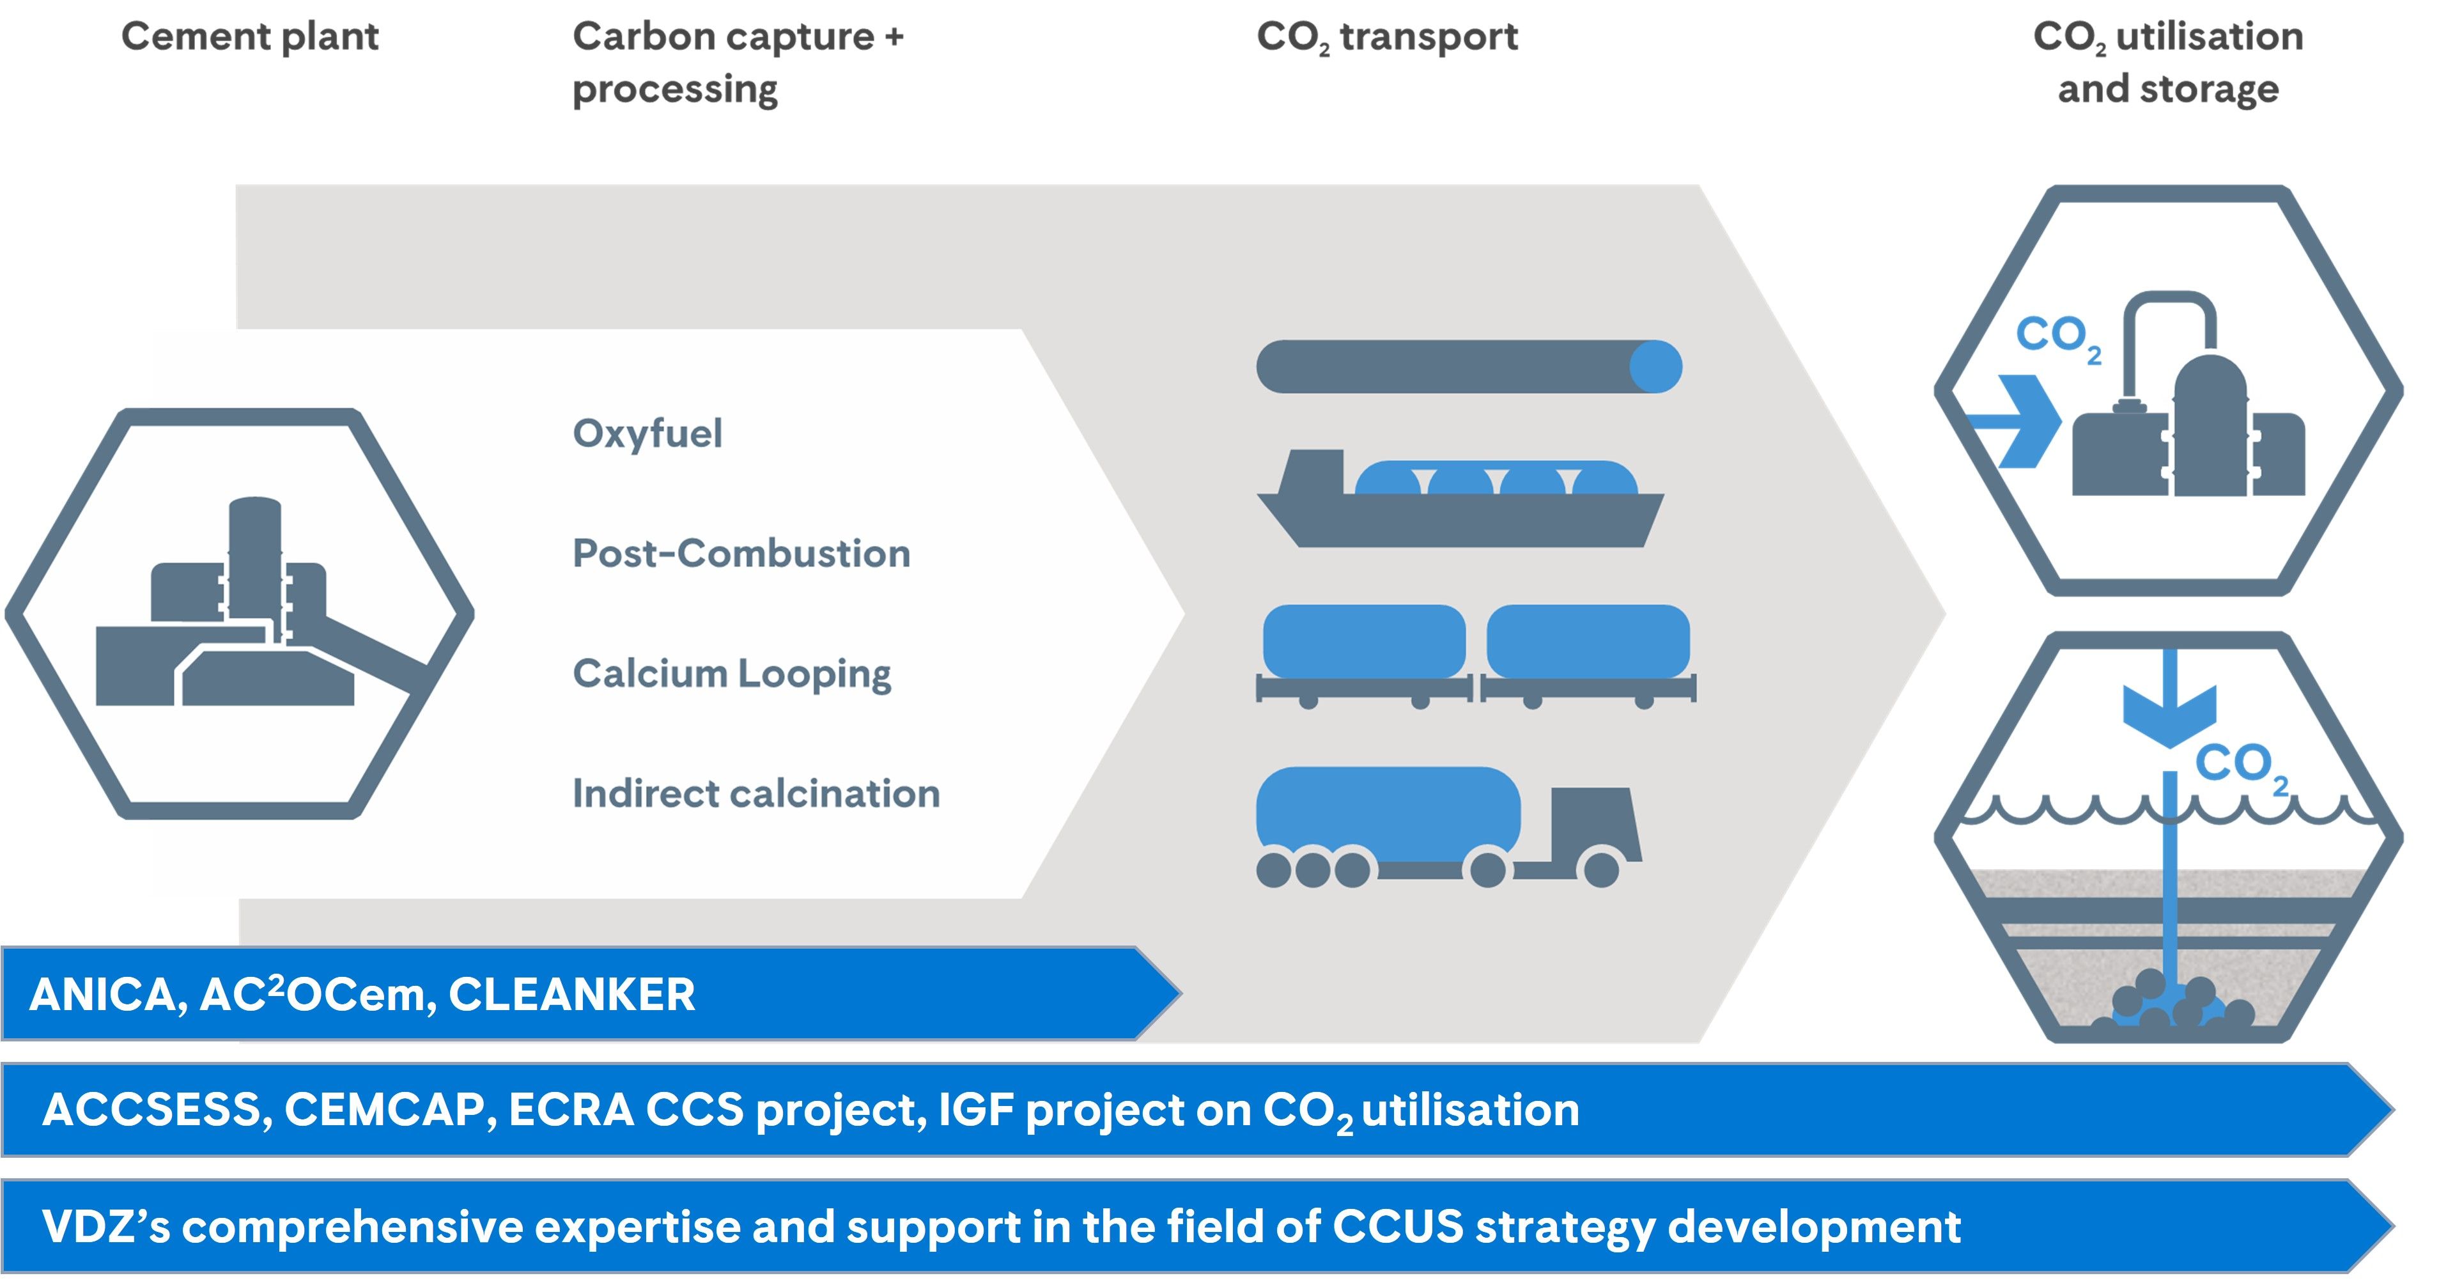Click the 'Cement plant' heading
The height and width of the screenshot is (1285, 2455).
[x=250, y=37]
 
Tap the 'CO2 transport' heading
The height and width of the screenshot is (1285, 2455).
[x=1387, y=37]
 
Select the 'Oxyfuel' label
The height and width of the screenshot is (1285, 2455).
[x=647, y=433]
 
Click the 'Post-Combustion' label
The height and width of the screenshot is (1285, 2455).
[x=741, y=554]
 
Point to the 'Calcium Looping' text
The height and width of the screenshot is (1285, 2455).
[x=731, y=674]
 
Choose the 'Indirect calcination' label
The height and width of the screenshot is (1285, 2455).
[x=755, y=794]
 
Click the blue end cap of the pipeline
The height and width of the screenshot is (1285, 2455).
[x=1655, y=367]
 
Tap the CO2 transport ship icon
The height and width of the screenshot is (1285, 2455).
[x=1460, y=501]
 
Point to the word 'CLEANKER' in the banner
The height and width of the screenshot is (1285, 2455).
[x=572, y=994]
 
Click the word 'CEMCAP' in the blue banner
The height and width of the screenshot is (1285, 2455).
[x=385, y=1110]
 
